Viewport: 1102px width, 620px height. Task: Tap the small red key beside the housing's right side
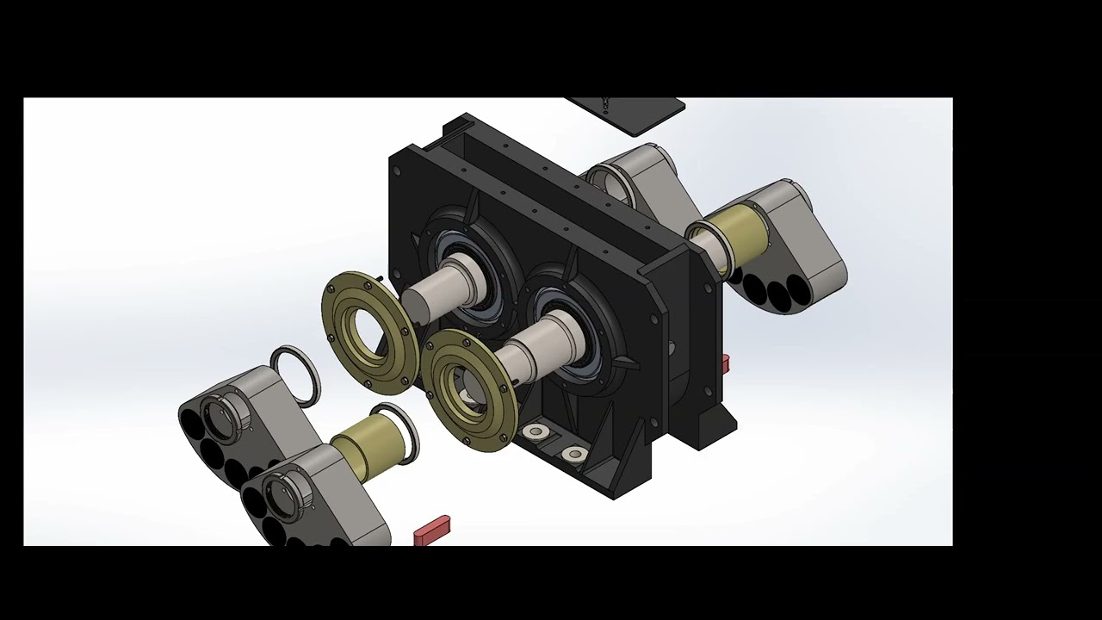[x=726, y=363]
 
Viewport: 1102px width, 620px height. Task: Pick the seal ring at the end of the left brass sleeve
[x=398, y=430]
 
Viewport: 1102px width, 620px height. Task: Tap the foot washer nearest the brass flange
[x=536, y=431]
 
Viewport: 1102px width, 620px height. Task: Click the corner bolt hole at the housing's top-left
[x=397, y=170]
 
